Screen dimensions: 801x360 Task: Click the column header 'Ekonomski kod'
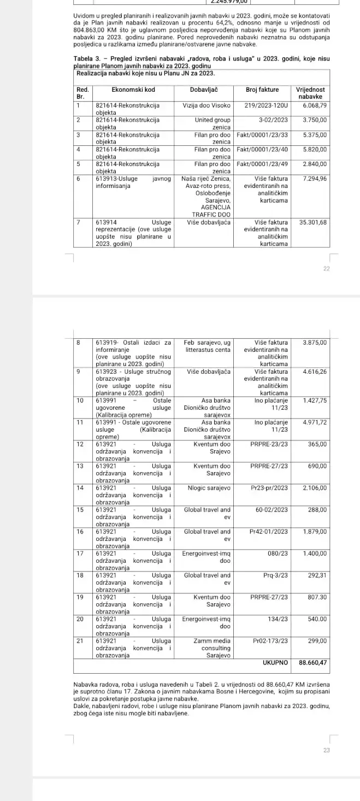pyautogui.click(x=133, y=90)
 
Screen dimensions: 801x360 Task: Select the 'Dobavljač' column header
pyautogui.click(x=205, y=90)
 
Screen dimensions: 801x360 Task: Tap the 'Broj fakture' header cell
pyautogui.click(x=262, y=90)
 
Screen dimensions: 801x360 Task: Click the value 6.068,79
pyautogui.click(x=315, y=105)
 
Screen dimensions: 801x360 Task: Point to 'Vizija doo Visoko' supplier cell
pyautogui.click(x=206, y=105)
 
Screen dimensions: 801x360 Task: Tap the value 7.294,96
pyautogui.click(x=315, y=179)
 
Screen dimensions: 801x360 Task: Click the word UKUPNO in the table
pyautogui.click(x=275, y=662)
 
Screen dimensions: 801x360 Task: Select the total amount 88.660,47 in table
pyautogui.click(x=313, y=662)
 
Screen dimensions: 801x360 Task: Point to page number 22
pyautogui.click(x=327, y=269)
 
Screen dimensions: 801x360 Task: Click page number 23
pyautogui.click(x=327, y=750)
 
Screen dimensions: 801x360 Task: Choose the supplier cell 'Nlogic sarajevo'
pyautogui.click(x=209, y=488)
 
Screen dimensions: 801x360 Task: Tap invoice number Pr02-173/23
pyautogui.click(x=270, y=641)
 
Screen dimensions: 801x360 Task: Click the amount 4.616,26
pyautogui.click(x=315, y=372)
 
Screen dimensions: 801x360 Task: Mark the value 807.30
pyautogui.click(x=317, y=597)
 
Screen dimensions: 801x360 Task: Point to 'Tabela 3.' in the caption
pyautogui.click(x=87, y=59)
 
